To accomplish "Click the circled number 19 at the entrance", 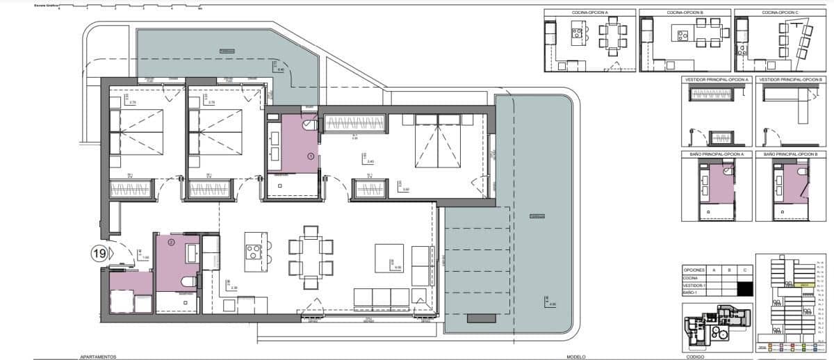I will coord(99,254).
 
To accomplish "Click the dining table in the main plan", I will coord(311,258).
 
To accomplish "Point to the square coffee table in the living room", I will coord(389,258).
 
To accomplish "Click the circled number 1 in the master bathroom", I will coord(310,157).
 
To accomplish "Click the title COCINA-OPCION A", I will coord(589,13).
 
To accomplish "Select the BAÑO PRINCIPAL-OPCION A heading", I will coord(717,153).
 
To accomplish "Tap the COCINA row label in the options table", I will coord(692,278).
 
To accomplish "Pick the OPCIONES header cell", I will coord(694,269).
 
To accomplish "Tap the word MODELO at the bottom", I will coord(576,356).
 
